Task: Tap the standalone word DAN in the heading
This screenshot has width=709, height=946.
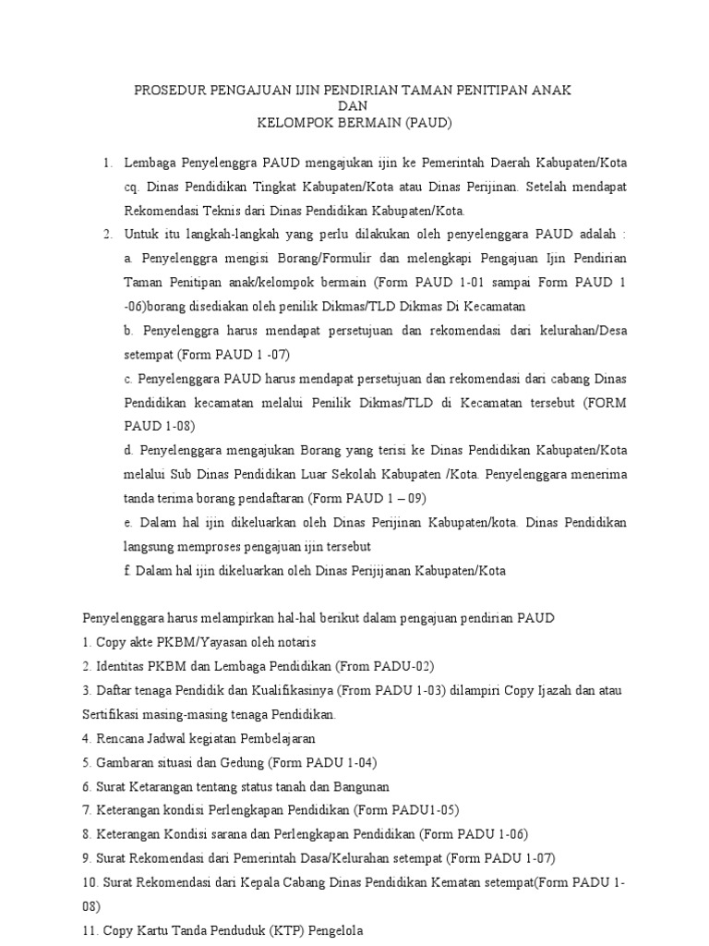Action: coord(354,105)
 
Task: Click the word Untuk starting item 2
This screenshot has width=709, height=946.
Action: coord(141,234)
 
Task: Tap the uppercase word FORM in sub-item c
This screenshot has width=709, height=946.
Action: coord(605,403)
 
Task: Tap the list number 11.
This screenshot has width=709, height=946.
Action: coord(90,930)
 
